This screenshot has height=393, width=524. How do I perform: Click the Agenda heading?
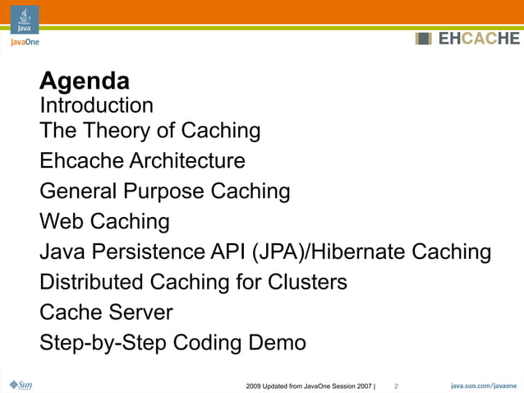pyautogui.click(x=85, y=81)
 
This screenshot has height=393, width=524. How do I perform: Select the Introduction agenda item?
pyautogui.click(x=96, y=106)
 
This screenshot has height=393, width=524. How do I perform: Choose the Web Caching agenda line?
pyautogui.click(x=104, y=222)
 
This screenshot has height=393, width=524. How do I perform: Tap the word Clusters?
pyautogui.click(x=307, y=282)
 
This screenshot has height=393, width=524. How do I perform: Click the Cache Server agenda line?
pyautogui.click(x=106, y=312)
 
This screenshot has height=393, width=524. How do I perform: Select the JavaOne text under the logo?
pyautogui.click(x=25, y=41)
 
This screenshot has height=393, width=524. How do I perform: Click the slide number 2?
pyautogui.click(x=396, y=386)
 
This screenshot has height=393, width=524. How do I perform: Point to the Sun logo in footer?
pyautogui.click(x=20, y=385)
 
